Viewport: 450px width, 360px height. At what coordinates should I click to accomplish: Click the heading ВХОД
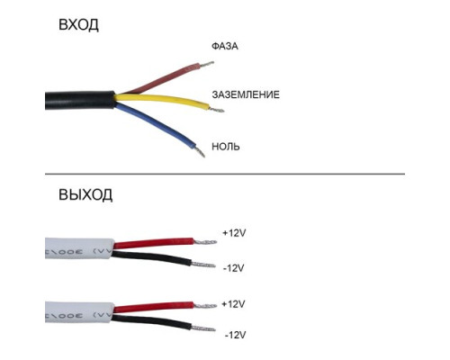tap(78, 24)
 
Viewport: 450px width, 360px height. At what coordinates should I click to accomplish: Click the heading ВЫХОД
tap(85, 194)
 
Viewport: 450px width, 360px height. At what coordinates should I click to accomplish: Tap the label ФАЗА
tap(225, 46)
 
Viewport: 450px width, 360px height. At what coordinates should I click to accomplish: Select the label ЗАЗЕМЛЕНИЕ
tap(246, 94)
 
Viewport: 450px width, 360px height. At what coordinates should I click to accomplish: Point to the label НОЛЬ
tap(226, 147)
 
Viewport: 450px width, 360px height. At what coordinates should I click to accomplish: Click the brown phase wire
tap(162, 78)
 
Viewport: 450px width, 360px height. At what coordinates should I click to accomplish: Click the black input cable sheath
tap(80, 100)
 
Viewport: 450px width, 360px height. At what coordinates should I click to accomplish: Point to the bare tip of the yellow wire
tap(217, 110)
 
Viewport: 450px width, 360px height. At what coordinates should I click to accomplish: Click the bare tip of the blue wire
tap(200, 151)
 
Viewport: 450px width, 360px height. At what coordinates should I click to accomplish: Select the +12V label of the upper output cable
tap(234, 233)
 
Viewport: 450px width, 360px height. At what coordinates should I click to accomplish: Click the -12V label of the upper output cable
tap(234, 268)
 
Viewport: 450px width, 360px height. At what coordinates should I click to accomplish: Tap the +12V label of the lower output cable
tap(233, 304)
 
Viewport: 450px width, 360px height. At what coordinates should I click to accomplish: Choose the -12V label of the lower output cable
tap(235, 335)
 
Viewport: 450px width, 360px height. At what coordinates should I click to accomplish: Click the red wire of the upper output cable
tap(154, 243)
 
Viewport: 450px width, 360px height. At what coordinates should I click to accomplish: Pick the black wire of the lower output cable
tap(151, 321)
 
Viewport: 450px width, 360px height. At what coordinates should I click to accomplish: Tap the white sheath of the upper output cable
tap(79, 248)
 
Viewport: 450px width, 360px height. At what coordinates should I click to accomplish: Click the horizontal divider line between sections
tap(225, 174)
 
